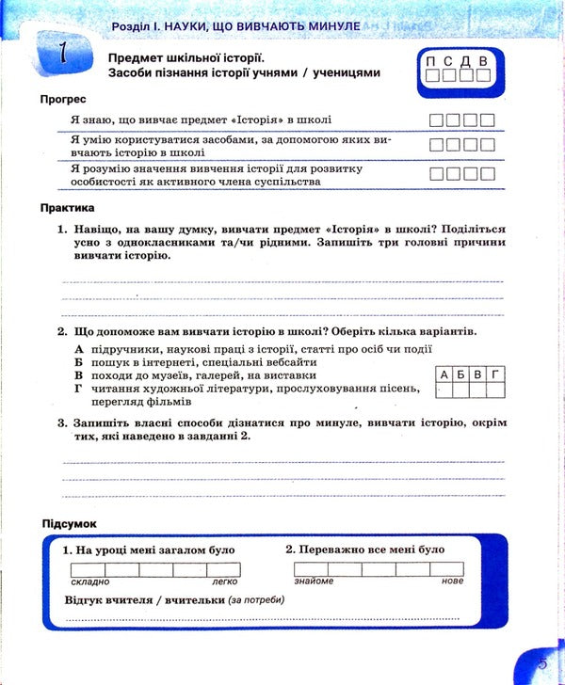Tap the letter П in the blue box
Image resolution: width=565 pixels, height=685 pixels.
coord(431,62)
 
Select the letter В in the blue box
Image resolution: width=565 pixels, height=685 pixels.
coord(482,62)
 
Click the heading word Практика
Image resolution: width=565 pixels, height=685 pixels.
coord(69,207)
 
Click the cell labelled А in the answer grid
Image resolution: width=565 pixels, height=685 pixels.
coord(444,374)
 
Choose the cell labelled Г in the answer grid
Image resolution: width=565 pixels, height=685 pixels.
coord(494,374)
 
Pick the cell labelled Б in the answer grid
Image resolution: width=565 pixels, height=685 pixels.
coord(461,374)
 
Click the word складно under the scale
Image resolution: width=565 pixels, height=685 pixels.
coord(89,581)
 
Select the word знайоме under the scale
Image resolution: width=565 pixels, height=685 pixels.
coord(314,581)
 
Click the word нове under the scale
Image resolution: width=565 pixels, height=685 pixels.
coord(452,581)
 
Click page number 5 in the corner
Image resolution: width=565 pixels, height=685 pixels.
coord(541,664)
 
